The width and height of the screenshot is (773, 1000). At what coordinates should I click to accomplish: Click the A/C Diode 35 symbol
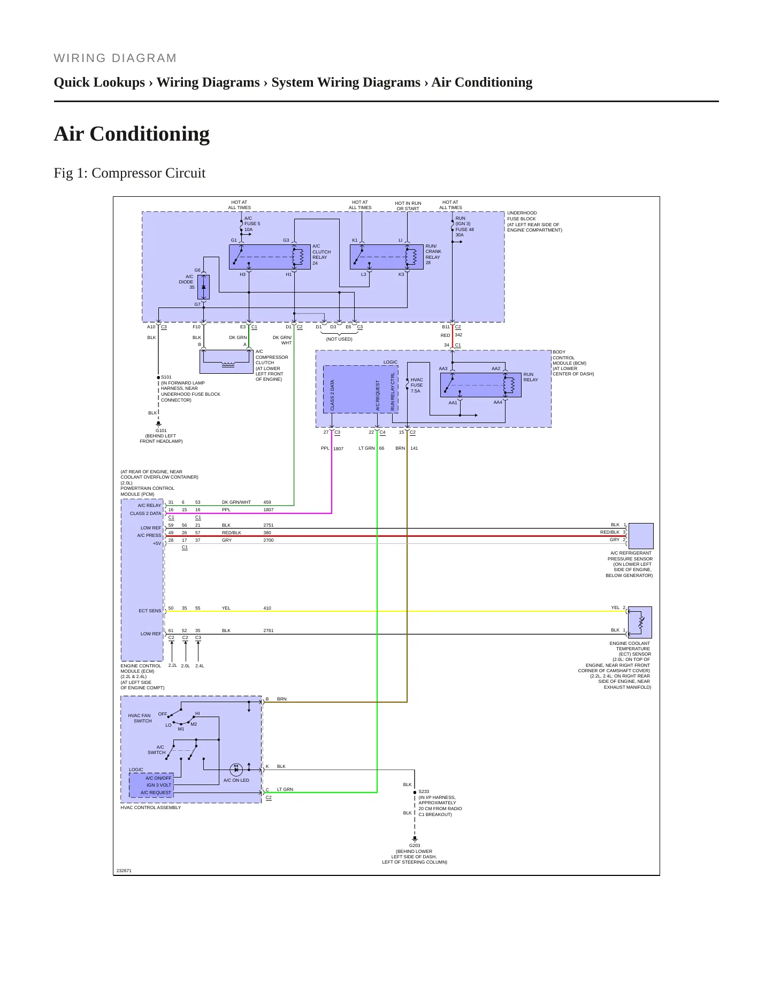pyautogui.click(x=203, y=287)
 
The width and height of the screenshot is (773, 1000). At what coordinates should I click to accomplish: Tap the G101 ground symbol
pyautogui.click(x=158, y=424)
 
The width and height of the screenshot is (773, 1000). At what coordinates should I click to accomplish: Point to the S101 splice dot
pyautogui.click(x=158, y=378)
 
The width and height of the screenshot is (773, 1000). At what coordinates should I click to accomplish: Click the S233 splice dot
pyautogui.click(x=415, y=793)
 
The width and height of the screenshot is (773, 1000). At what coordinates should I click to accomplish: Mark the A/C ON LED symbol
pyautogui.click(x=236, y=770)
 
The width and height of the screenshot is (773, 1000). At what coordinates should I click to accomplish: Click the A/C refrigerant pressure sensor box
pyautogui.click(x=641, y=536)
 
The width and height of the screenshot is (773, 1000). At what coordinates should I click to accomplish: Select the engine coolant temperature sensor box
pyautogui.click(x=640, y=622)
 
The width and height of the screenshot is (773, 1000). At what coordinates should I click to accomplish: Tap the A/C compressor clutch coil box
pyautogui.click(x=226, y=362)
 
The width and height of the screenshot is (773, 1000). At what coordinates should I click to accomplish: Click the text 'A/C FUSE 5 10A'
pyautogui.click(x=252, y=224)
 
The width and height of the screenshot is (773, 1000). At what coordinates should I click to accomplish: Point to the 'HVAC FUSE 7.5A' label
pyautogui.click(x=417, y=385)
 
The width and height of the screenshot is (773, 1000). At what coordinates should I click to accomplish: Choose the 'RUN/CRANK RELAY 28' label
pyautogui.click(x=433, y=255)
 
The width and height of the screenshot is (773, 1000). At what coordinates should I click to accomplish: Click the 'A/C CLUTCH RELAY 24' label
pyautogui.click(x=322, y=255)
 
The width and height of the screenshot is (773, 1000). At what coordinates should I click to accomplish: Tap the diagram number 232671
pyautogui.click(x=124, y=871)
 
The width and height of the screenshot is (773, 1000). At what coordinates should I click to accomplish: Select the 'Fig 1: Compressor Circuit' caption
pyautogui.click(x=129, y=173)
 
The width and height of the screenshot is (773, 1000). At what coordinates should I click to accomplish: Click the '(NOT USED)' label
pyautogui.click(x=339, y=339)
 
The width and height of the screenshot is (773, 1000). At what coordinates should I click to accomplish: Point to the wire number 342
pyautogui.click(x=458, y=335)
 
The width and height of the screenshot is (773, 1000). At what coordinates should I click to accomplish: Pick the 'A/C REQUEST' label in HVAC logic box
pyautogui.click(x=156, y=793)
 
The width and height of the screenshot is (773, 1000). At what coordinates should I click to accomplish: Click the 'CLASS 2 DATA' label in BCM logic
pyautogui.click(x=332, y=395)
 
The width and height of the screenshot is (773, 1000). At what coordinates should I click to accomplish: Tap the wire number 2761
pyautogui.click(x=268, y=630)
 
